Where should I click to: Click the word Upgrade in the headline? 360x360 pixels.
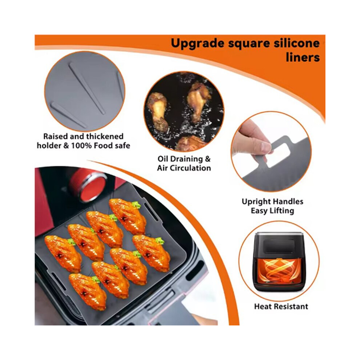(x=197, y=44)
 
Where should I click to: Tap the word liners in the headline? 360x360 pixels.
(x=303, y=57)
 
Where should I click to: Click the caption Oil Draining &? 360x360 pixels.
(x=184, y=159)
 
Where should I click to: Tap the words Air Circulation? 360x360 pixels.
(x=184, y=168)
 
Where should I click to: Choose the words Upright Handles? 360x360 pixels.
(x=272, y=201)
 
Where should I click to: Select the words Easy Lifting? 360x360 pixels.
(x=272, y=211)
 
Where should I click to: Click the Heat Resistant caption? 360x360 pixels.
(x=281, y=307)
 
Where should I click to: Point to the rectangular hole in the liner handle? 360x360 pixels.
(x=279, y=155)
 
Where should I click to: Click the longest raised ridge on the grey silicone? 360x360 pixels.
(x=87, y=88)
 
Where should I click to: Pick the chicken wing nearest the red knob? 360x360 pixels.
(x=128, y=216)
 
